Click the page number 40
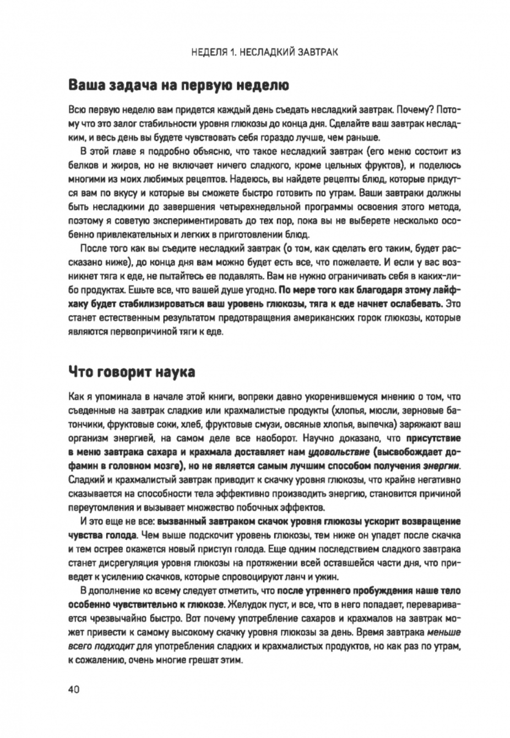coord(74,689)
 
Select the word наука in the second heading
coord(173,372)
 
